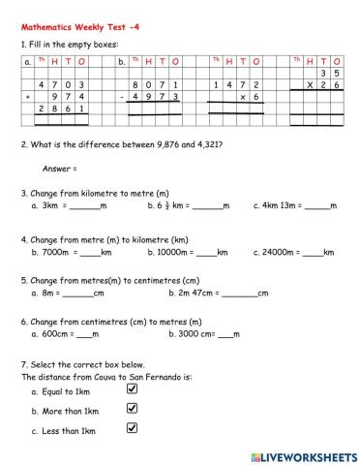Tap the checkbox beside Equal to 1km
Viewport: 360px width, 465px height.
pos(134,388)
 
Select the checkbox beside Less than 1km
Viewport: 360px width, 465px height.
pos(134,427)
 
